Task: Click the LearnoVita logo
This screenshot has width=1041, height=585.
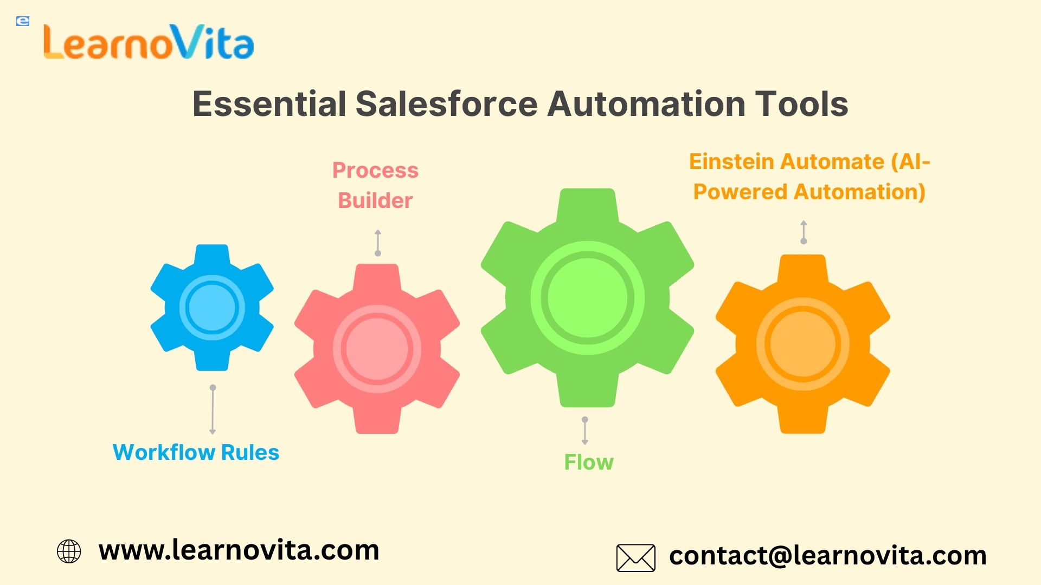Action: tap(149, 42)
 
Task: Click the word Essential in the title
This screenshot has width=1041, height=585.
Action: tap(269, 103)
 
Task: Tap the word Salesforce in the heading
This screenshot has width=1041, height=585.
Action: tap(446, 103)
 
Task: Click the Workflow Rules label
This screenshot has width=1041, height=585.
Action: tap(196, 452)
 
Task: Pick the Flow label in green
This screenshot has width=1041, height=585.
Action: tap(589, 462)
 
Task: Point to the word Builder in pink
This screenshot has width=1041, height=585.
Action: tap(375, 200)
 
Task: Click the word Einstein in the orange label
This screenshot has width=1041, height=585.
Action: tap(732, 161)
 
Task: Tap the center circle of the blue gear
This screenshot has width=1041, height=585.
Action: tap(212, 308)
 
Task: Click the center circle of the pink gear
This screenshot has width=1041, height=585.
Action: tap(377, 348)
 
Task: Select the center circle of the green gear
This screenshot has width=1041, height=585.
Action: tap(588, 298)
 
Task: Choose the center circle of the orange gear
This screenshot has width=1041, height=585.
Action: tap(803, 344)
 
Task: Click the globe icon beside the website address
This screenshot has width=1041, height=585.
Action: tap(69, 551)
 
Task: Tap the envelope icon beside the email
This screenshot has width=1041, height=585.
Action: tap(636, 558)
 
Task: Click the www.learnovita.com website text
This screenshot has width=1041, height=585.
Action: tap(239, 550)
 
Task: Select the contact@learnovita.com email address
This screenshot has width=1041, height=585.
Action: tap(828, 556)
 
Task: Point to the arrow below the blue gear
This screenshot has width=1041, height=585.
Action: tap(213, 409)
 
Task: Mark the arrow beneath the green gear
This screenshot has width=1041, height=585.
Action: tap(585, 431)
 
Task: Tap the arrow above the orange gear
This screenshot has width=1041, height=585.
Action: tap(804, 232)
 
